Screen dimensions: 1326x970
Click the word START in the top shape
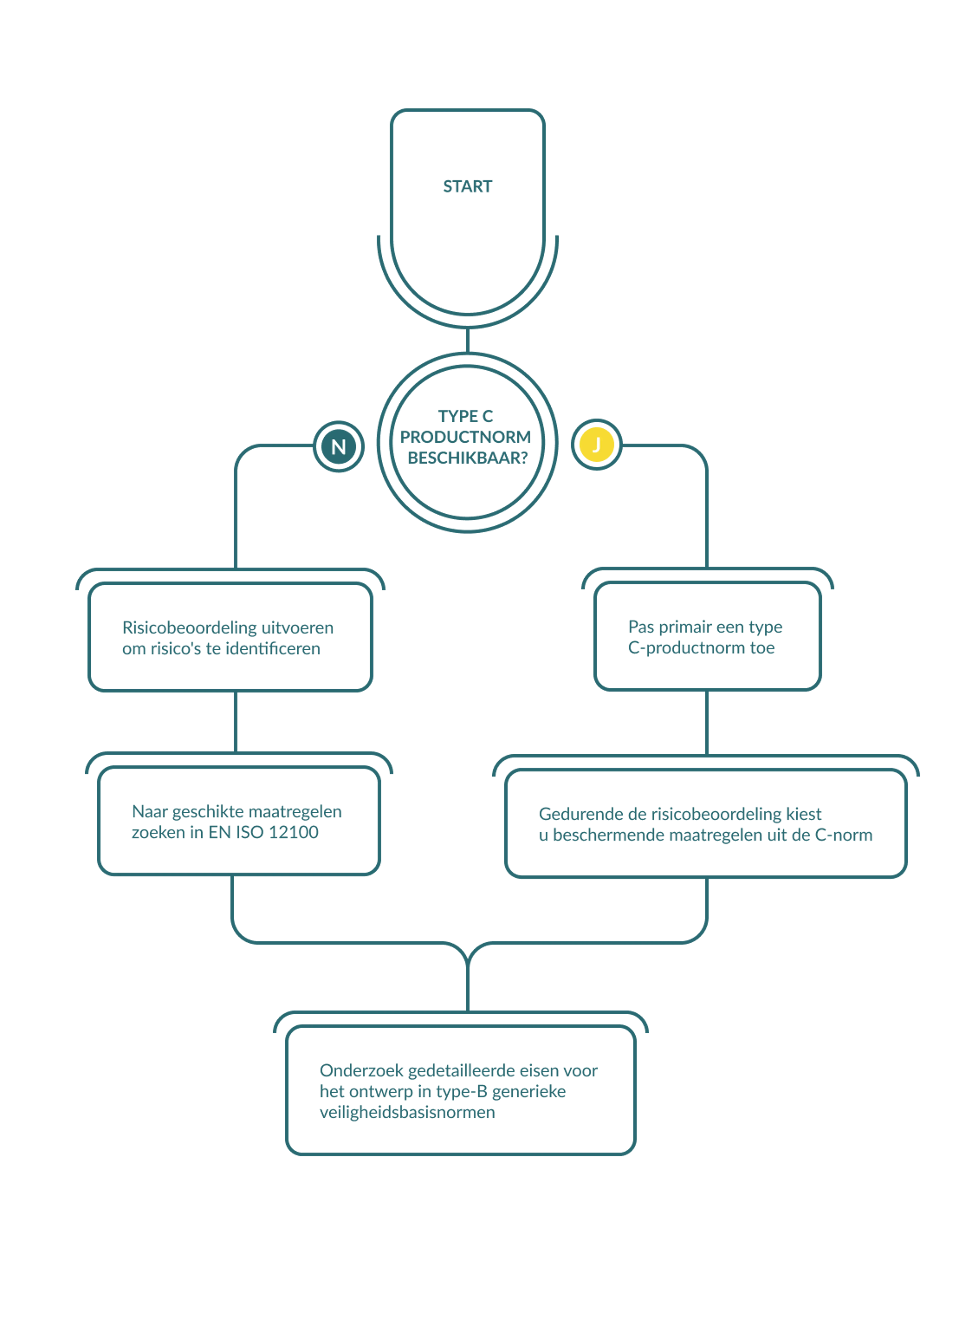(x=467, y=186)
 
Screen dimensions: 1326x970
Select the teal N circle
(x=338, y=446)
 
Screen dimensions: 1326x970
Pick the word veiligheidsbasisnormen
(x=407, y=1112)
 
